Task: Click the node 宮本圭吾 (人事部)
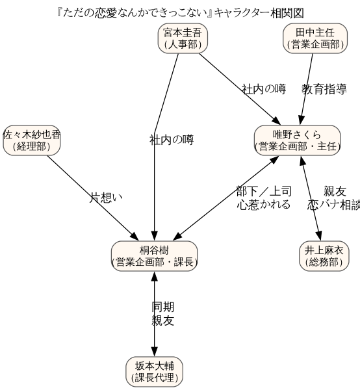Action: pyautogui.click(x=183, y=38)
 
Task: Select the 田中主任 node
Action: pyautogui.click(x=315, y=38)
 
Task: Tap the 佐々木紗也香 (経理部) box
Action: pyautogui.click(x=32, y=140)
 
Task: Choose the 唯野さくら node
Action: pyautogui.click(x=298, y=140)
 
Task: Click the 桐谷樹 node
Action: pyautogui.click(x=155, y=256)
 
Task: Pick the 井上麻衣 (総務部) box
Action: pyautogui.click(x=324, y=256)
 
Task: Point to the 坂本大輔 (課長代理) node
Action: pyautogui.click(x=155, y=372)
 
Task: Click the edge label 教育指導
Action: pyautogui.click(x=324, y=89)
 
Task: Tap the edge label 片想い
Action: pyautogui.click(x=106, y=198)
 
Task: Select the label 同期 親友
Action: pyautogui.click(x=163, y=314)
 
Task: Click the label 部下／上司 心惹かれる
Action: pyautogui.click(x=264, y=198)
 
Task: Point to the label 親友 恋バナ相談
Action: pyautogui.click(x=334, y=198)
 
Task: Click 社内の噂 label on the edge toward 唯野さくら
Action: pyautogui.click(x=264, y=89)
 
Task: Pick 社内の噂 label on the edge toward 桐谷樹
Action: pyautogui.click(x=172, y=140)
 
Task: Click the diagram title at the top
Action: pyautogui.click(x=180, y=13)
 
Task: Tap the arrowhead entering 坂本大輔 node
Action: pyautogui.click(x=155, y=352)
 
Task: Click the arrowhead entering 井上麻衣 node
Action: pyautogui.click(x=319, y=236)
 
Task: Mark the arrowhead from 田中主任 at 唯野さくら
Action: pyautogui.click(x=301, y=120)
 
